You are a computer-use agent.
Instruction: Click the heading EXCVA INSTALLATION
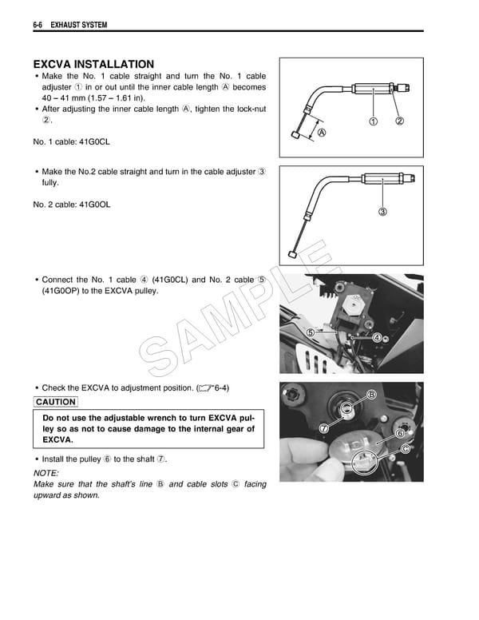point(93,64)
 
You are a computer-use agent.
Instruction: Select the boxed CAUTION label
point(56,402)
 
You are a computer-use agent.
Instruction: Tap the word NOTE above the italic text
point(46,472)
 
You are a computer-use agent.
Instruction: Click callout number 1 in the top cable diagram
point(373,121)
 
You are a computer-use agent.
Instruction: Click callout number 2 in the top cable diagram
point(400,121)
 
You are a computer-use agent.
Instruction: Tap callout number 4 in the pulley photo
point(376,338)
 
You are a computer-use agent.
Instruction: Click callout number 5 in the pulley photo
point(308,332)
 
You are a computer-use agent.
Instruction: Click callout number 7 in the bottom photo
point(324,428)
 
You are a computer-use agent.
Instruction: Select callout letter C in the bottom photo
point(406,449)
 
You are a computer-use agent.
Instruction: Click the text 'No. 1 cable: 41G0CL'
point(72,142)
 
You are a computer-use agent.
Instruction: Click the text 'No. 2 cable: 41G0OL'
point(72,205)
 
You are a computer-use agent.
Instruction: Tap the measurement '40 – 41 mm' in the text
point(61,98)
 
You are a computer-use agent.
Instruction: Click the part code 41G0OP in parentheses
point(57,291)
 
